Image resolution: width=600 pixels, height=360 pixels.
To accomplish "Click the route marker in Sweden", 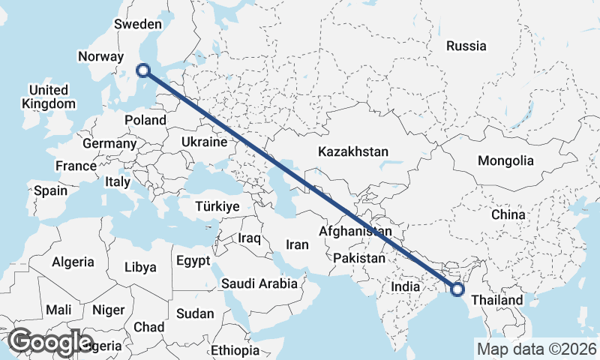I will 143,71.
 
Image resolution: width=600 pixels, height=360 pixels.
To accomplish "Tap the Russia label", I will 466,46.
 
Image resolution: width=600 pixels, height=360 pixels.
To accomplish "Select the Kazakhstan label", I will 352,151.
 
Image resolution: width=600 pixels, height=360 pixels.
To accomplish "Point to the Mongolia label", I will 505,160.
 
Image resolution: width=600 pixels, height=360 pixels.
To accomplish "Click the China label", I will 508,214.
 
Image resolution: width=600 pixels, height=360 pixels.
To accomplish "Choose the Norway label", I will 100,56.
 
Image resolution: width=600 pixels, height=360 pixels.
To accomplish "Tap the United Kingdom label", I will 49,97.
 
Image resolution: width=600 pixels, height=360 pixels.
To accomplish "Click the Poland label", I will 145,120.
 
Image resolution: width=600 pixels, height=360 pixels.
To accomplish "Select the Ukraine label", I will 204,142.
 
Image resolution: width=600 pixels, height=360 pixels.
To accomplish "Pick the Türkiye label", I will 217,206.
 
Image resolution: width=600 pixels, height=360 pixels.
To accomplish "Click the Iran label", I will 297,244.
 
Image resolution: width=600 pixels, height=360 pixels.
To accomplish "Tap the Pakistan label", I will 359,258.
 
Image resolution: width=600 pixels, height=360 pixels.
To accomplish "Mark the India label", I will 404,286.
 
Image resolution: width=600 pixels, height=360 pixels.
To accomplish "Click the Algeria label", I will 73,262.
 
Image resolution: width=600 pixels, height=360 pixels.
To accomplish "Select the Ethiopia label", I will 235,350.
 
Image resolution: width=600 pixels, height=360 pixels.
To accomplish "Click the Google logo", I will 51,342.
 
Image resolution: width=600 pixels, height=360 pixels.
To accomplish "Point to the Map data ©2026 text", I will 536,349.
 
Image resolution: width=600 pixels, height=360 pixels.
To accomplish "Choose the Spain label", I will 50,190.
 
